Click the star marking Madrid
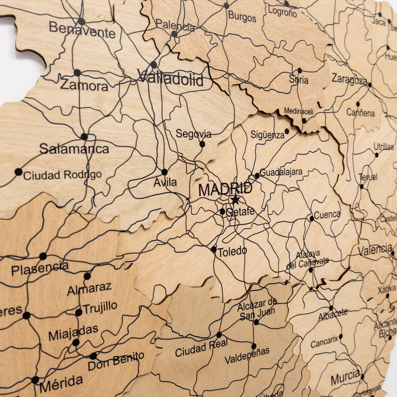tap(235, 200)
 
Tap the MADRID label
tap(225, 189)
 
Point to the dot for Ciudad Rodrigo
tap(18, 172)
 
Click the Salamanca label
tap(74, 148)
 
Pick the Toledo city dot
tap(213, 249)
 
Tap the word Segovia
tap(193, 134)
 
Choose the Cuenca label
tap(327, 215)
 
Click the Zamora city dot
tap(77, 72)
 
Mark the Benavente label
tap(82, 30)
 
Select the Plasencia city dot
tap(43, 256)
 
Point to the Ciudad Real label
tap(201, 348)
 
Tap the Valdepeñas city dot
tap(254, 346)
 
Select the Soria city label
tap(298, 79)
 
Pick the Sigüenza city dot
tap(287, 132)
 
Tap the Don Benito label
tap(116, 361)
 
